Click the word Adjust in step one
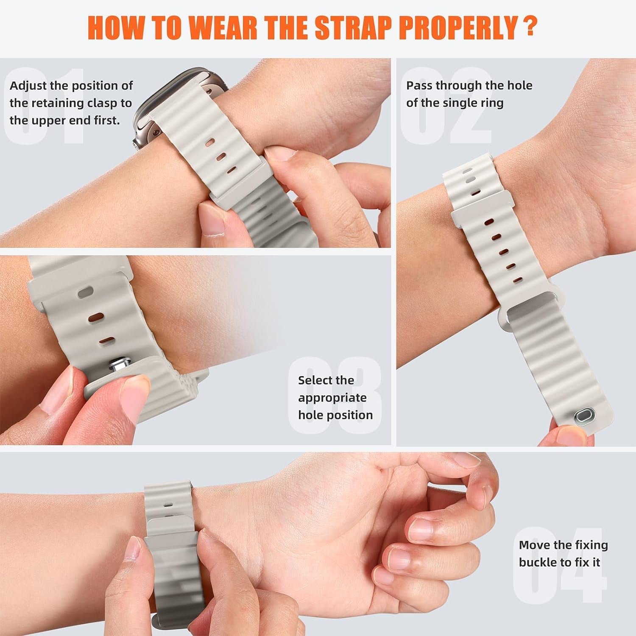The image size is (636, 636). [x=28, y=86]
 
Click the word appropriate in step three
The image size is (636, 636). [x=332, y=398]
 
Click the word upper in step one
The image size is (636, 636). [x=47, y=120]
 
